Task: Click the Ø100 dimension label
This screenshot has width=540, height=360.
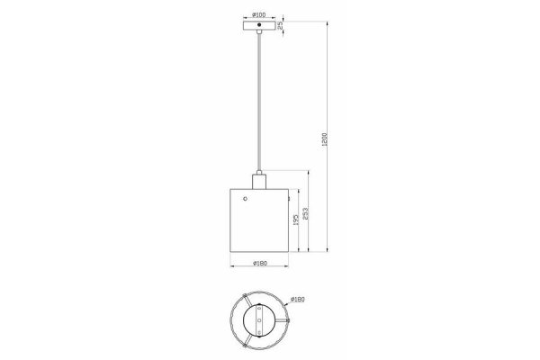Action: coord(257,15)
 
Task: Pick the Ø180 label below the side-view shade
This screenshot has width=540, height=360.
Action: coord(257,263)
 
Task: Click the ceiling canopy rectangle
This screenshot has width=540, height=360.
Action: coord(257,25)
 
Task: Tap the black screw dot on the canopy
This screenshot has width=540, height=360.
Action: coord(257,25)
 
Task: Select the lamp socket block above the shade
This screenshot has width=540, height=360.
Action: coord(257,181)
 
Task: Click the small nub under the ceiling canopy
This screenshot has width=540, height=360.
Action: coord(257,32)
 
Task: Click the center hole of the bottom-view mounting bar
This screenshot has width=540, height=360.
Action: coord(257,320)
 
